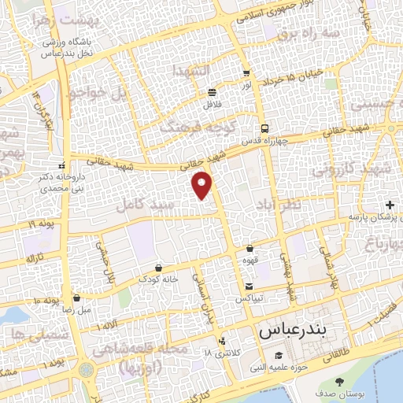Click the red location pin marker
(204, 184)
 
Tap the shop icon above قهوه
(250, 247)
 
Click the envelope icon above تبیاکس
(250, 287)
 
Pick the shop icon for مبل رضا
(76, 298)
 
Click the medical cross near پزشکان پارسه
(391, 205)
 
